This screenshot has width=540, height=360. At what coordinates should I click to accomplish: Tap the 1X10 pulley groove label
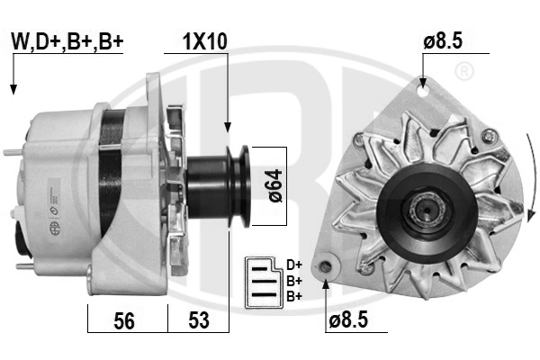[x=205, y=41]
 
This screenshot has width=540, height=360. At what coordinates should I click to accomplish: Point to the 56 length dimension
[x=127, y=320]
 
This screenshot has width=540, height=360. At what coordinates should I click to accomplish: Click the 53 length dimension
[x=198, y=320]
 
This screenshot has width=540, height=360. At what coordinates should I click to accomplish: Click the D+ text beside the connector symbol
[x=293, y=265]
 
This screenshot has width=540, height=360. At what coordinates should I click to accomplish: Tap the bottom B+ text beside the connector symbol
[x=293, y=295]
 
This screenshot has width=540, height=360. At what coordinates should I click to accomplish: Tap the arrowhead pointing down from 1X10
[x=229, y=130]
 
